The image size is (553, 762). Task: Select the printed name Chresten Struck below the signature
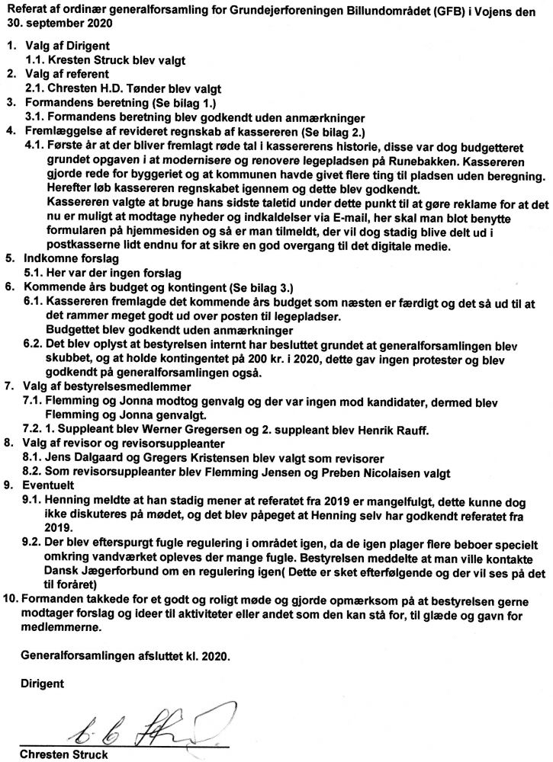tap(64, 754)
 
